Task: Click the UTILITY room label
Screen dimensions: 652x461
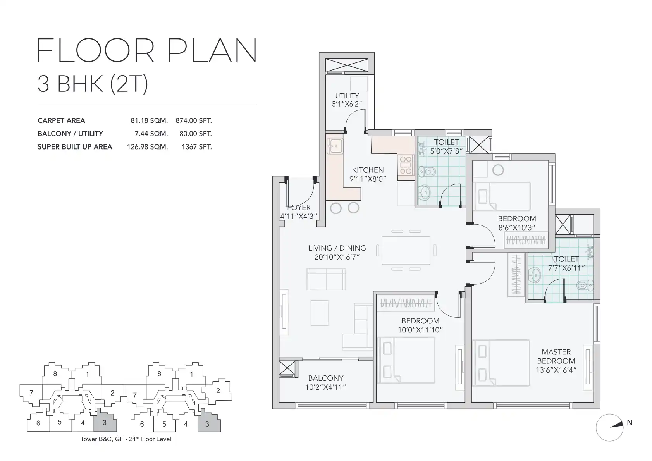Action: [347, 96]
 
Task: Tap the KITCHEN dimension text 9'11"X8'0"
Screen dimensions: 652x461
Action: [368, 179]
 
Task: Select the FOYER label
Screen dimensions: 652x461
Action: [299, 207]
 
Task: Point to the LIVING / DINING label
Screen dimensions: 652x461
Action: [337, 248]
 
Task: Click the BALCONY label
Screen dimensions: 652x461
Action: [326, 378]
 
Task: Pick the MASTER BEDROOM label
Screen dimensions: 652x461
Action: [556, 356]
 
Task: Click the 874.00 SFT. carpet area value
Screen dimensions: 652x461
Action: [194, 120]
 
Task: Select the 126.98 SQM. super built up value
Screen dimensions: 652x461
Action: [147, 147]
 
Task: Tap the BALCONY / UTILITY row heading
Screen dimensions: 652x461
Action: [71, 134]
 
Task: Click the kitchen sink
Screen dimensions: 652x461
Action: [335, 146]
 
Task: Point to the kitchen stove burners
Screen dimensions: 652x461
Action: [406, 165]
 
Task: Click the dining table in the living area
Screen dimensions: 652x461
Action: [406, 250]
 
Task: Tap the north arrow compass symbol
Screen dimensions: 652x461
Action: [609, 428]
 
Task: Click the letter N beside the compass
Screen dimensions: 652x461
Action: [630, 423]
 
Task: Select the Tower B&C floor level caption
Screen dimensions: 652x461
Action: [126, 439]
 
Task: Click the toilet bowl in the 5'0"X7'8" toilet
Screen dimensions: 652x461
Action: [427, 171]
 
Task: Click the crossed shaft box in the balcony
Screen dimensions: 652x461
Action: [287, 368]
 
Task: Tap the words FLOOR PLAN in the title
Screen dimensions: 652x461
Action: [147, 50]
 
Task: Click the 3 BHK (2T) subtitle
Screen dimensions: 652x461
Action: [93, 84]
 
